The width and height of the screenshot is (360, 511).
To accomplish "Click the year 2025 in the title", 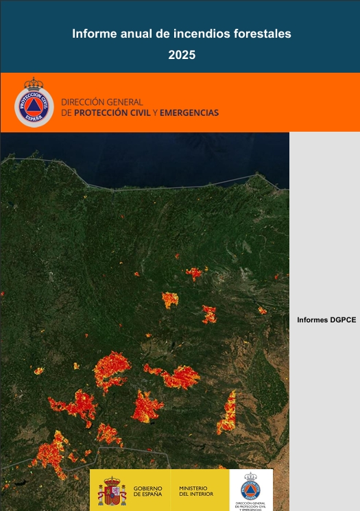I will tap(182, 56).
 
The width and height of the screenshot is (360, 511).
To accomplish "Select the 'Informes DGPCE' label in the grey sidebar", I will tap(326, 320).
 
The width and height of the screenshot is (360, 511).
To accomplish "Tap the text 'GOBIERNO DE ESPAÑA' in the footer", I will tap(148, 490).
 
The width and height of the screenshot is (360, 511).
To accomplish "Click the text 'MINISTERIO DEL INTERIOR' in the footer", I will tap(196, 490).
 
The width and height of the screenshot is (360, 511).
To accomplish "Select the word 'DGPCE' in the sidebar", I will tap(342, 320).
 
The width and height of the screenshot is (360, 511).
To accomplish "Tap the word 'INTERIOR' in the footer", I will tap(200, 494).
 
